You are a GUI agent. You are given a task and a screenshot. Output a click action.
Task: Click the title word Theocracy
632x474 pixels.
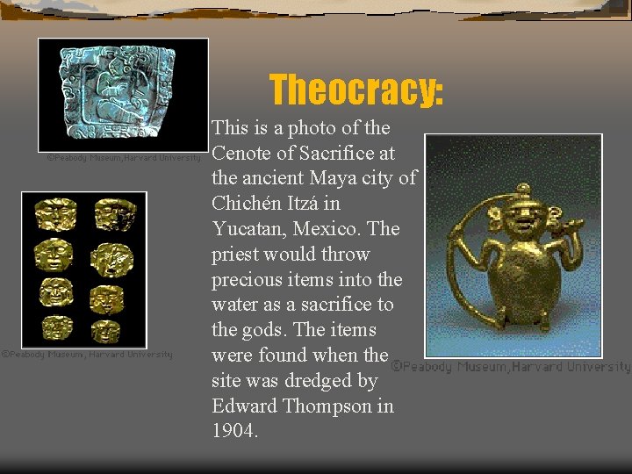(x=356, y=90)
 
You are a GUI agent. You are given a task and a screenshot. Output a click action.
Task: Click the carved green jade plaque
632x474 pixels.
(x=122, y=94)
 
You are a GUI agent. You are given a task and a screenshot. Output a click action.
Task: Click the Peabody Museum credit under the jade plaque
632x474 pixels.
(x=124, y=160)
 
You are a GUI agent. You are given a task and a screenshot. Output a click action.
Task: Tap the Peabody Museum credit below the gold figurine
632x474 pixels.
(x=510, y=367)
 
